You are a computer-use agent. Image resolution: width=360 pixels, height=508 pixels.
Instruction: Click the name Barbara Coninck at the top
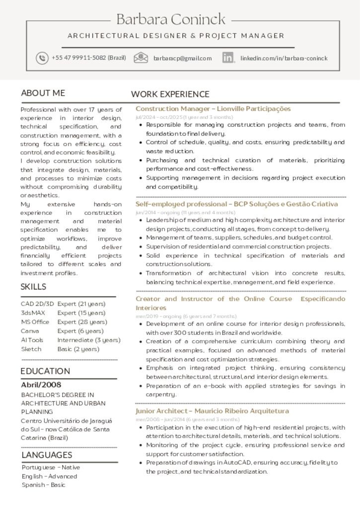[171, 19]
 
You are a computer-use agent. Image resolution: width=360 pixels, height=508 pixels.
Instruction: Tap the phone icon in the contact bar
[42, 58]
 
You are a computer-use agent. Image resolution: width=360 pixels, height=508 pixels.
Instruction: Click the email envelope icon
[141, 58]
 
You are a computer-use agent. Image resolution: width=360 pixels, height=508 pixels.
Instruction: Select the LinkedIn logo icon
[228, 58]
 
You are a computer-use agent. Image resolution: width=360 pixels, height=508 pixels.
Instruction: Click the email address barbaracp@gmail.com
[182, 58]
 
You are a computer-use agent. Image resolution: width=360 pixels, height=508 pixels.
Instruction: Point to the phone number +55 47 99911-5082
[89, 58]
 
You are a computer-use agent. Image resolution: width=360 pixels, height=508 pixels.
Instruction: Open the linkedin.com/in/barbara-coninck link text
[284, 58]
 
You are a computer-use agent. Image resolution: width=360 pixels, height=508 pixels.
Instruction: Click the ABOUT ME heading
[43, 93]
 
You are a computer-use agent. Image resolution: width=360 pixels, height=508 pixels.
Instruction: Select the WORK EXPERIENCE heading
[170, 94]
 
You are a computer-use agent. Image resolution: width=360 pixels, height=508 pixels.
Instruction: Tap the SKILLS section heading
[33, 287]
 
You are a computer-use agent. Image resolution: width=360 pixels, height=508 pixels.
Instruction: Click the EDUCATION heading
[45, 371]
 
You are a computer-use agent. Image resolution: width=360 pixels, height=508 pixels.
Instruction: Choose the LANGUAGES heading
[47, 455]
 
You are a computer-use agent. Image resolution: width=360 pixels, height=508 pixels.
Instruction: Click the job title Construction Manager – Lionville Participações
[213, 109]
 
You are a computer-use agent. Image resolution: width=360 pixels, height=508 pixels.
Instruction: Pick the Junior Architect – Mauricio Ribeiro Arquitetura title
[212, 411]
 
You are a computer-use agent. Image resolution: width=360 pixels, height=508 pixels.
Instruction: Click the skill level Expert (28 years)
[80, 322]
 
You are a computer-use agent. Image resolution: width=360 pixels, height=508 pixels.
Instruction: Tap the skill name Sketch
[31, 349]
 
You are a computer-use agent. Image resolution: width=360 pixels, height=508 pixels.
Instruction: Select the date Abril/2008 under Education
[41, 384]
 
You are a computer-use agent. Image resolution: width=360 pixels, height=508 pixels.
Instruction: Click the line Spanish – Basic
[44, 485]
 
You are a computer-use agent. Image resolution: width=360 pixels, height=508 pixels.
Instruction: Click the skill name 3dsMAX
[33, 313]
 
